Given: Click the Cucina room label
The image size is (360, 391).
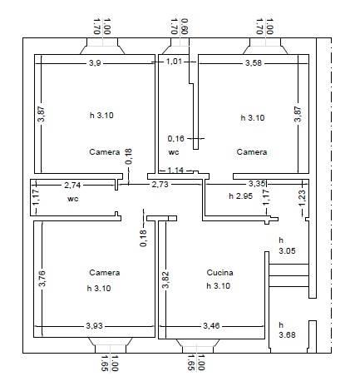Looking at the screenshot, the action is [219, 273].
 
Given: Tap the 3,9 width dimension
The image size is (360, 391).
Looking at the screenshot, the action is [95, 63].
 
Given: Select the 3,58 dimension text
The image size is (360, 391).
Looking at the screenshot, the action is [254, 63].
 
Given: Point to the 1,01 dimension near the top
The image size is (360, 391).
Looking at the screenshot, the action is [174, 62].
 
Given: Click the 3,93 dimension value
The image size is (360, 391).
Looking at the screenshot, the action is [94, 326].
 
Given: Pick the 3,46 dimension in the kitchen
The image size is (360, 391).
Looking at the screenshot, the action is [211, 326].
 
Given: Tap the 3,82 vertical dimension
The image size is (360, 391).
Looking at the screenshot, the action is [165, 280].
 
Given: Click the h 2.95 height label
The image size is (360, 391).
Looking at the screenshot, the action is [240, 196].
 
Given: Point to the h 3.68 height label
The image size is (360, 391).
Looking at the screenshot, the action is [287, 330].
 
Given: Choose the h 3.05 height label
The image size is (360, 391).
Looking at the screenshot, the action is [287, 245].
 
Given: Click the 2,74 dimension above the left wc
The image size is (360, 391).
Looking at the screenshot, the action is [72, 185].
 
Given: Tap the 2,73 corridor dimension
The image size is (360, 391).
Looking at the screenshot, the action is [160, 185].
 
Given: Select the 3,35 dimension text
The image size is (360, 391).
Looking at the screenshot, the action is [257, 184].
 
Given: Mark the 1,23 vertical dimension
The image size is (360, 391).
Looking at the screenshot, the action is [302, 198].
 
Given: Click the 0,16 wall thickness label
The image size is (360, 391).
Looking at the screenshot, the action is [175, 138].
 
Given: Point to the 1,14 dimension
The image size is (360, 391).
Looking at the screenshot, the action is [175, 170].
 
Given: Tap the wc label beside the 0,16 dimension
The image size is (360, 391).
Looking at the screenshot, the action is [174, 152].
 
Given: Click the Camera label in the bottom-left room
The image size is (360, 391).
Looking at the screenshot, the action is [105, 273].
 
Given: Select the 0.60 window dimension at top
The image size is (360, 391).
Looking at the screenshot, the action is [185, 27].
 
